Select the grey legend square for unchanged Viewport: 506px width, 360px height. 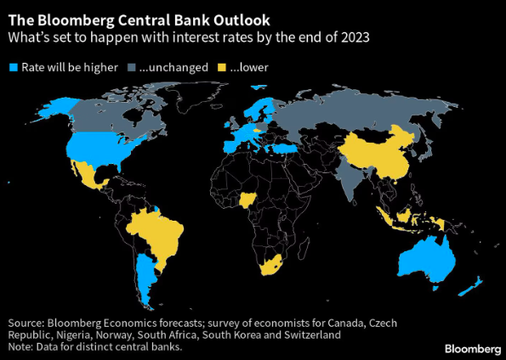[x=131, y=67]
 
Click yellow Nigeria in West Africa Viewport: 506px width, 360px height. [x=247, y=200]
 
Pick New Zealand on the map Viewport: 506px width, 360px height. [x=471, y=286]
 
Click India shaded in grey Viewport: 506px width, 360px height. [x=352, y=181]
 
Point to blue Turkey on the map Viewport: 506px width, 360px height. [x=285, y=149]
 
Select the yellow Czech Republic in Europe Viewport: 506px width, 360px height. [x=256, y=131]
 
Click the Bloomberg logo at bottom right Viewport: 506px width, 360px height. [x=473, y=349]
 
